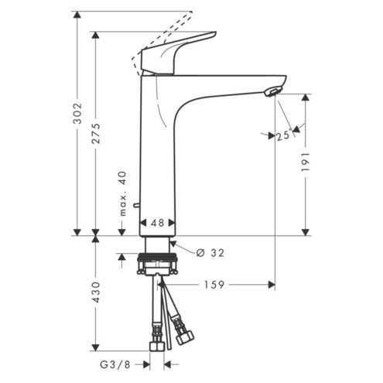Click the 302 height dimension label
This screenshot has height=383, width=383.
tap(77, 113)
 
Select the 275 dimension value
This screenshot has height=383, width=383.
tap(96, 133)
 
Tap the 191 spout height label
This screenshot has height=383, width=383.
tap(306, 162)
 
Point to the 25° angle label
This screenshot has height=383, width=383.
tap(284, 135)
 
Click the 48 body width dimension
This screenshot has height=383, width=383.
tap(158, 223)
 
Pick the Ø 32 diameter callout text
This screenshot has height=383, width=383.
tap(210, 253)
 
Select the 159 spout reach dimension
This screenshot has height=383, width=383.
tap(214, 285)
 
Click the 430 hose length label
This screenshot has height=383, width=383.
tap(96, 292)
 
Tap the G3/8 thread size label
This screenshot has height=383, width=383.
tap(115, 364)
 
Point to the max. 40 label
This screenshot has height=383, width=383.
tap(123, 193)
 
